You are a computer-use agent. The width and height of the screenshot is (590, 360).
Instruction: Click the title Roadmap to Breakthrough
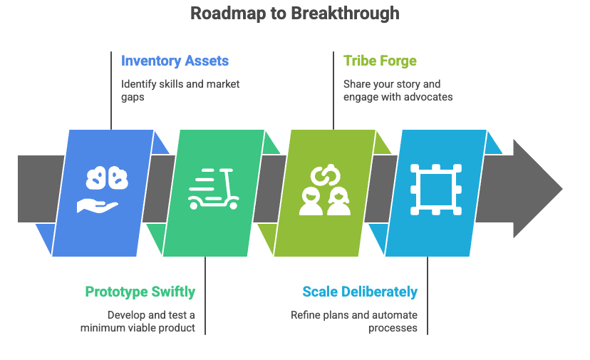click(295, 14)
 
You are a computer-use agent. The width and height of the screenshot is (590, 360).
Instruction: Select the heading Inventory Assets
click(175, 61)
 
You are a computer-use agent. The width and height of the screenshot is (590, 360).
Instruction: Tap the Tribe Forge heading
click(380, 61)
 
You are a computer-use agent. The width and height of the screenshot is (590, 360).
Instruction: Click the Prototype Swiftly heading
click(140, 292)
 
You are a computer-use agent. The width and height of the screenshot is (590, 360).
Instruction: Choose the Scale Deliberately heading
click(360, 292)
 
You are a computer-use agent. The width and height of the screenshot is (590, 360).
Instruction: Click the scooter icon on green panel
click(214, 189)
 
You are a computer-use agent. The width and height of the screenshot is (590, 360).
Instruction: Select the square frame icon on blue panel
click(435, 190)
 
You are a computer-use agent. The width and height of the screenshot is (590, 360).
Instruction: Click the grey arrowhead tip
click(556, 189)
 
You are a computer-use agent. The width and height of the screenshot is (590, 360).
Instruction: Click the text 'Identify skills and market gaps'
click(180, 90)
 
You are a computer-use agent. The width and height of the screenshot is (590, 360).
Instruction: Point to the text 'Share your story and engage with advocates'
click(398, 90)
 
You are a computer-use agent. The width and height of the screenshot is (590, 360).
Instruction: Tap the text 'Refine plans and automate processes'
click(354, 321)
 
